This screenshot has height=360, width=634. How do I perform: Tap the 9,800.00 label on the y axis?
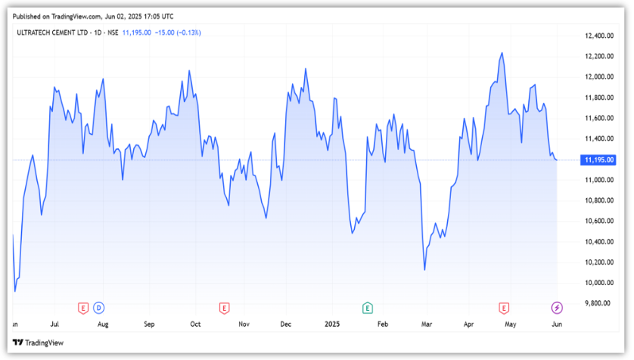tap(599, 303)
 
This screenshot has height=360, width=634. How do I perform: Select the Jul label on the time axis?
tap(55, 324)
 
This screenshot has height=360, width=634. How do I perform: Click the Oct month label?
tap(195, 324)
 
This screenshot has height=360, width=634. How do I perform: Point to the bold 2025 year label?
tap(333, 324)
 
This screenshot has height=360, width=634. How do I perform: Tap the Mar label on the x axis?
tap(427, 324)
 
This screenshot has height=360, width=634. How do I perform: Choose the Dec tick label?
tap(286, 324)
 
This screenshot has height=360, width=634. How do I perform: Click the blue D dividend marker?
tap(99, 307)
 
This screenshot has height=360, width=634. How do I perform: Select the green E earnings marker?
tap(368, 307)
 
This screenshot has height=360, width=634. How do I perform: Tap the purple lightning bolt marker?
tap(557, 307)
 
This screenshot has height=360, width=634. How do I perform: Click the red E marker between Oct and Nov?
tap(224, 307)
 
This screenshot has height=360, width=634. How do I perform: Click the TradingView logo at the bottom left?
tap(39, 343)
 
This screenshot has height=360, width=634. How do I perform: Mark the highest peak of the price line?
tap(502, 53)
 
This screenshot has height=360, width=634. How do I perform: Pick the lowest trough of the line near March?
tap(424, 269)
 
